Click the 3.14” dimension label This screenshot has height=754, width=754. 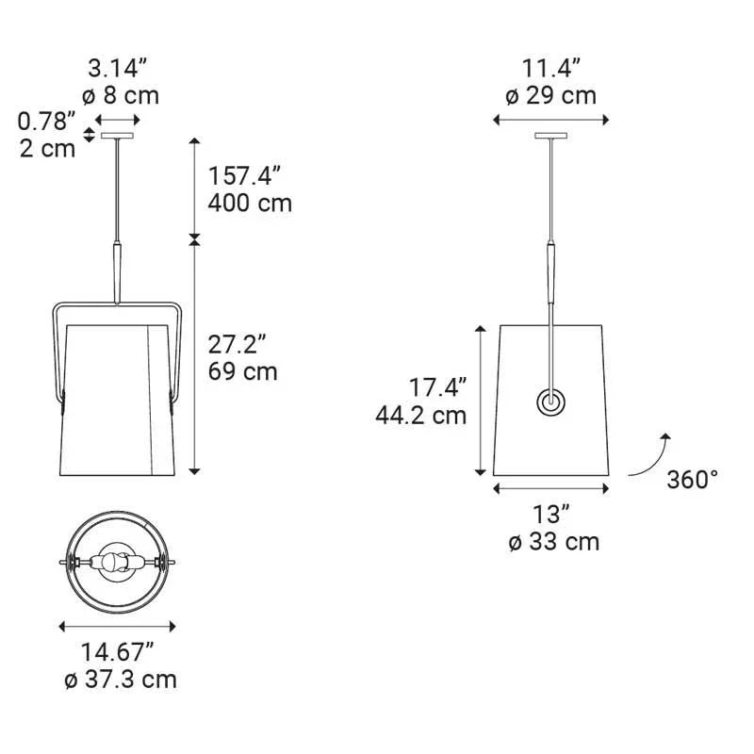(117, 69)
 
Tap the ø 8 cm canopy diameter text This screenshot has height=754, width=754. (121, 95)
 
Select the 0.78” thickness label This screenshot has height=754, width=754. (46, 122)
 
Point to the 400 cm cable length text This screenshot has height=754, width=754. (250, 203)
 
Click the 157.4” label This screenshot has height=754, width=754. (244, 175)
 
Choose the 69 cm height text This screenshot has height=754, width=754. (243, 371)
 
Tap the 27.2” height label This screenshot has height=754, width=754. (238, 344)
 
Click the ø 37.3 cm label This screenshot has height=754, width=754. (121, 680)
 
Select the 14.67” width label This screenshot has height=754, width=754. (117, 652)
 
